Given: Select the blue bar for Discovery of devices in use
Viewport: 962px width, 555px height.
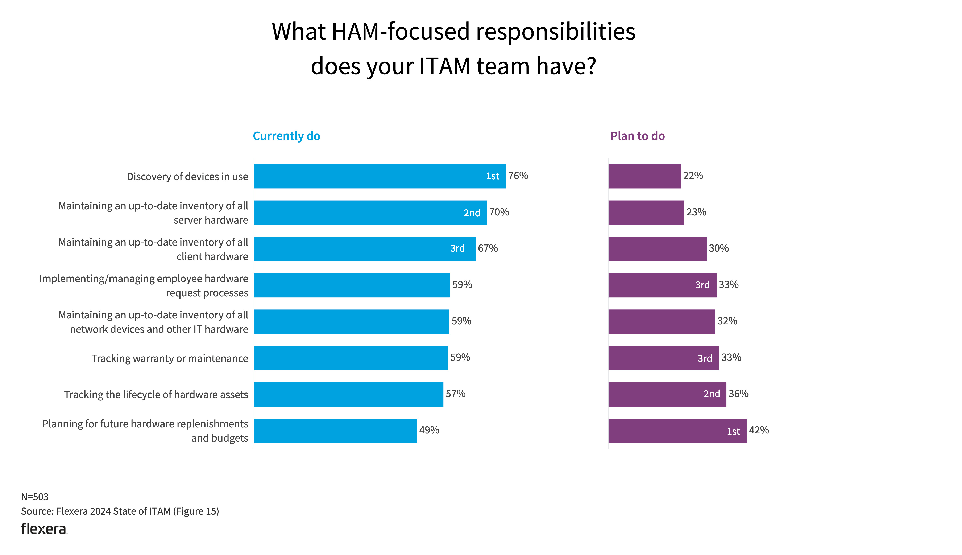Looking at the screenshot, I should [380, 176].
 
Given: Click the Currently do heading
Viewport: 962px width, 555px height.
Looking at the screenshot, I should [286, 136].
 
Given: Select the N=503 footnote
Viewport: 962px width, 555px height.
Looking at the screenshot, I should [35, 497].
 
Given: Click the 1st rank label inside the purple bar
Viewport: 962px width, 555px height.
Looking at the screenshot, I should [733, 432].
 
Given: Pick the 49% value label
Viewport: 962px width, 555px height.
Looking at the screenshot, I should [429, 430].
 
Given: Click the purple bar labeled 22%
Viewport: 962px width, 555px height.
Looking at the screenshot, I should [644, 176].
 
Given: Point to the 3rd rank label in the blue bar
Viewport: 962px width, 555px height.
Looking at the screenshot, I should [457, 248].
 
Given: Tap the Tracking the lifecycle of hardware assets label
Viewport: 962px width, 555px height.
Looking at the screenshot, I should [156, 395].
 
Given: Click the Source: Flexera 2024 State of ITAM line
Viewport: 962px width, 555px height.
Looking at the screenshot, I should [120, 511].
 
